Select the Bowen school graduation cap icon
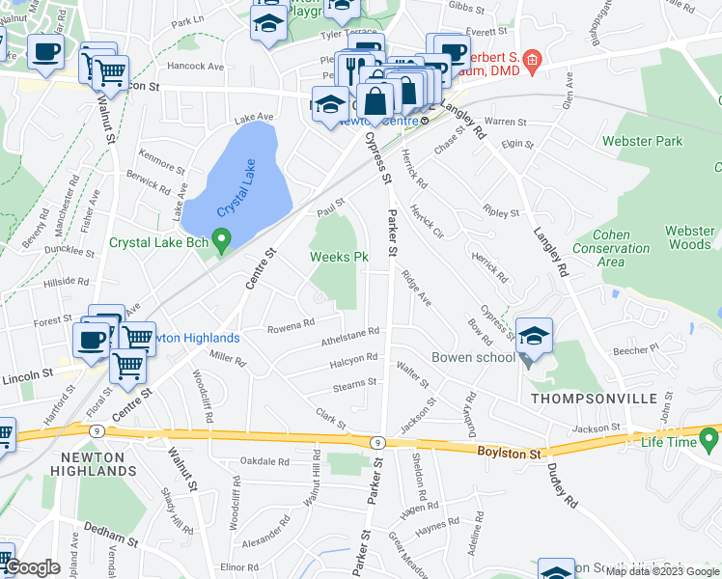(534, 336)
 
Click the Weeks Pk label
(339, 258)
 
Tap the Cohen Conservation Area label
(622, 248)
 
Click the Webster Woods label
(690, 237)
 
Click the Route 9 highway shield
(376, 441)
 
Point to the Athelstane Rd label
(349, 340)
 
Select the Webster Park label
(642, 142)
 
